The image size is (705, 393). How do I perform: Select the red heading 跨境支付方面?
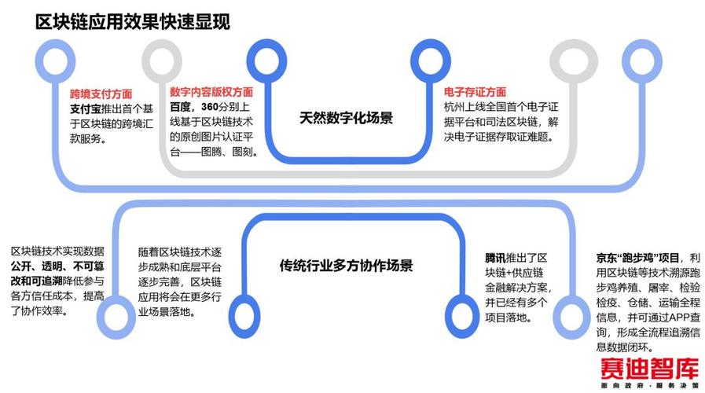[x=101, y=93]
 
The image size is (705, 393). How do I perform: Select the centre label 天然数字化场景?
[x=346, y=119]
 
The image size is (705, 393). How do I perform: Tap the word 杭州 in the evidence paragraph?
[x=454, y=107]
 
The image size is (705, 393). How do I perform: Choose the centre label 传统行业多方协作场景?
[x=347, y=265]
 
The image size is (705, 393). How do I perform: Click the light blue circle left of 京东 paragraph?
[x=571, y=312]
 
